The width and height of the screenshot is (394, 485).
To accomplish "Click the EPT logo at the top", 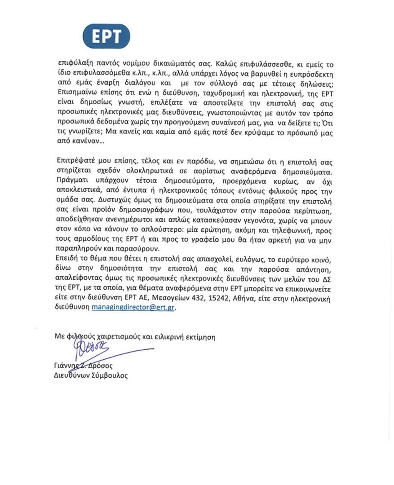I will [x=106, y=36].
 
